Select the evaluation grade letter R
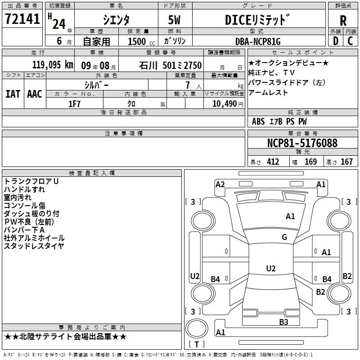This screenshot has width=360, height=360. (x=343, y=20)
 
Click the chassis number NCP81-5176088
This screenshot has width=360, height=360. (x=302, y=143)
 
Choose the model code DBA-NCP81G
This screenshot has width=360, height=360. (x=258, y=41)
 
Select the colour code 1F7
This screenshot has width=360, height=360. (x=74, y=103)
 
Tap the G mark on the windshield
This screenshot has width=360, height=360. (x=284, y=237)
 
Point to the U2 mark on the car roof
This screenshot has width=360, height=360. (x=270, y=268)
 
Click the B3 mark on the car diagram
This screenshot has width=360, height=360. (x=283, y=322)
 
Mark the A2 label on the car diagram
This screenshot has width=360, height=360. (x=220, y=184)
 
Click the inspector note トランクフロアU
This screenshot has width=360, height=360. (x=31, y=181)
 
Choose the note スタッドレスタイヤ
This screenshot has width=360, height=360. (x=34, y=246)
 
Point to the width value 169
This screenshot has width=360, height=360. (x=310, y=162)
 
